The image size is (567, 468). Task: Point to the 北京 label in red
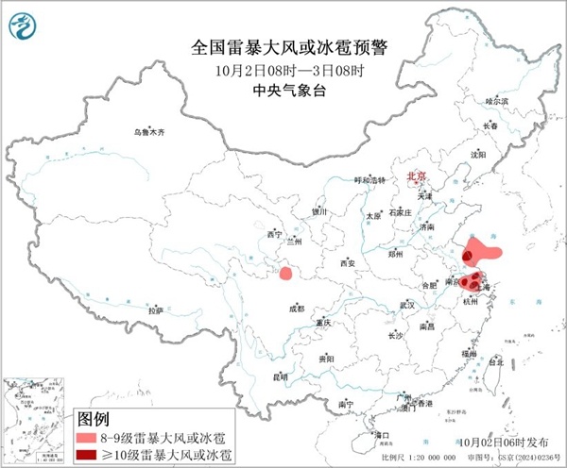pos(417,176)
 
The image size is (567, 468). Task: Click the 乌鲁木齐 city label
pos(148,133)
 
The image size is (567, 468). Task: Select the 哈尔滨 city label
pos(496,100)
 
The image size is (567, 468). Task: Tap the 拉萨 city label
pos(156,309)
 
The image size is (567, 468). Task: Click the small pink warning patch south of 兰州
pos(284,274)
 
